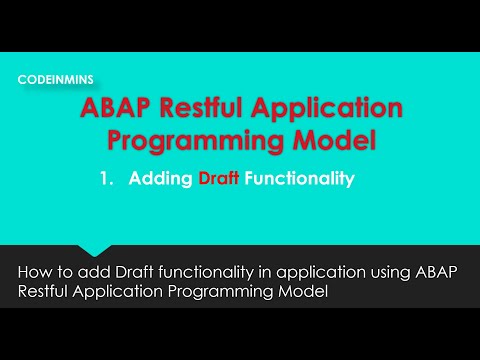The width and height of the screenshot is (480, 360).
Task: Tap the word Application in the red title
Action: [342, 108]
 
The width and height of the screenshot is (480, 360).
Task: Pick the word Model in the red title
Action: [333, 140]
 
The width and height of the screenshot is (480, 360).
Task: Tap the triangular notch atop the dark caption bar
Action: [96, 250]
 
